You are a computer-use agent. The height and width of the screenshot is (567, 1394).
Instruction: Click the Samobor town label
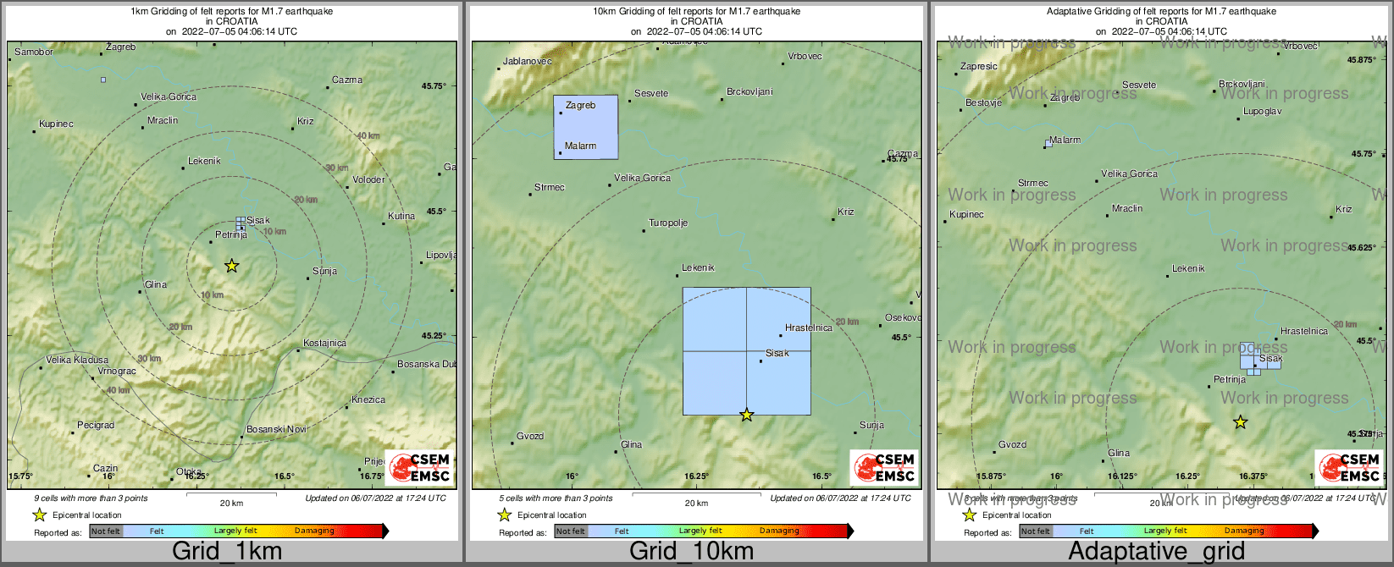coord(34,52)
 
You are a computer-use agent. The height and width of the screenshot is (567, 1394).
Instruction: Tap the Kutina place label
coord(401,216)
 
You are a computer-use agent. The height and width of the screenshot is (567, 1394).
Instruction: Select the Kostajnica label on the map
coord(325,344)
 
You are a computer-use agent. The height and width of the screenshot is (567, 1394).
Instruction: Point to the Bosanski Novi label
coord(276,430)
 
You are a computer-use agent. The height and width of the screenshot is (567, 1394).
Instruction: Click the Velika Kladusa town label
coord(77,360)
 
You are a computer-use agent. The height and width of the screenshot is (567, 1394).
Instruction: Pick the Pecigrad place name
coord(96,426)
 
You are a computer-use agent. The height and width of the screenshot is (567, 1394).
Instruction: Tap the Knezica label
coord(368,400)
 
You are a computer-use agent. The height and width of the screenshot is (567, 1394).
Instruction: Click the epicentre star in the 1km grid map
coord(231,266)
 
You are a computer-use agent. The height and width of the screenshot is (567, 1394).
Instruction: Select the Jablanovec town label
coord(527,62)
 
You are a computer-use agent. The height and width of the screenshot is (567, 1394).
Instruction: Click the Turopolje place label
coord(668,223)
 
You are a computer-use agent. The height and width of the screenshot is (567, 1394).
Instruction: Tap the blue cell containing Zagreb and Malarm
coord(585,127)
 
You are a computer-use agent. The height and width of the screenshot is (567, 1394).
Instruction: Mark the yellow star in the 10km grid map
coord(746,415)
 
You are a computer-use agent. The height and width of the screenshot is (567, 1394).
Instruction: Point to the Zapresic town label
coord(979,67)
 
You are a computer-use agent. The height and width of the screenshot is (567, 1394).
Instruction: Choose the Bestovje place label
coord(983,103)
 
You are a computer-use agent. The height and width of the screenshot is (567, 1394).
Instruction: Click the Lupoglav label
coord(1262,112)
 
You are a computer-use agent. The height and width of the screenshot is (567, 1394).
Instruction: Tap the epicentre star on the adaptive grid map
coord(1240,421)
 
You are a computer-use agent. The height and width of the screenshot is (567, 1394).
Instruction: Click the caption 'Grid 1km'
coord(227,552)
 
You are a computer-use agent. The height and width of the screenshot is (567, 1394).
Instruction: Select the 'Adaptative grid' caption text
coord(1156,552)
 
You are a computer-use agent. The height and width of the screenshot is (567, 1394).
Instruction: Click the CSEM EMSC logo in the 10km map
coord(883,467)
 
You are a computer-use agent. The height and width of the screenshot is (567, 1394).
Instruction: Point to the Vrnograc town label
coord(117,372)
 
